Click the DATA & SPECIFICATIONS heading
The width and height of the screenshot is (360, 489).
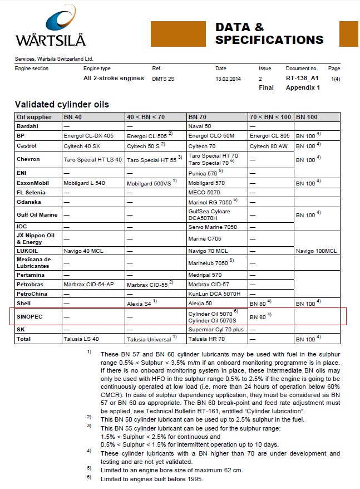(x=269, y=33)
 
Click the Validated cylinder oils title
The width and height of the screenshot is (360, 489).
(x=62, y=104)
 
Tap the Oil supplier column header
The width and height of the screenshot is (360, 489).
(x=34, y=117)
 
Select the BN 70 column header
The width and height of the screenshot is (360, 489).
(x=199, y=117)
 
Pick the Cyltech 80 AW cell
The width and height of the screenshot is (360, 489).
(x=269, y=145)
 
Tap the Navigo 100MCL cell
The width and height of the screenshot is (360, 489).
(x=317, y=251)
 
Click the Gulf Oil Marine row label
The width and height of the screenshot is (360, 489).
(x=37, y=214)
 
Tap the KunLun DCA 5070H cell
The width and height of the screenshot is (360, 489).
(x=214, y=294)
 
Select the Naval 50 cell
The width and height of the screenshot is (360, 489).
(x=200, y=126)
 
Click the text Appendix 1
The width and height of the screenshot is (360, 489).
(x=303, y=87)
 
